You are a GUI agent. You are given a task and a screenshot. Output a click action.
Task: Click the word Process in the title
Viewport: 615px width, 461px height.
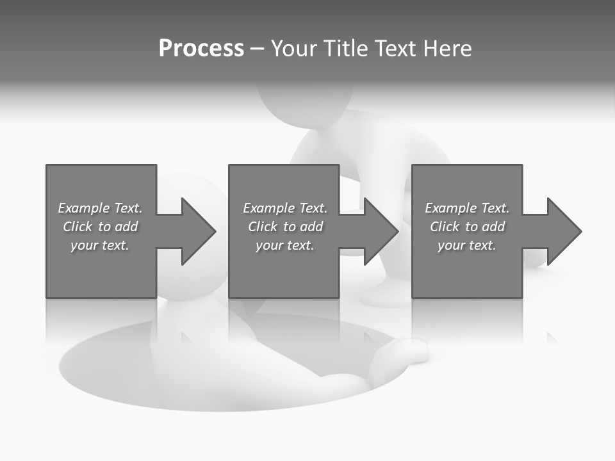point(201,49)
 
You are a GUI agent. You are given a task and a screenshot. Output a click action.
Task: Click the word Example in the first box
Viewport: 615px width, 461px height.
point(83,208)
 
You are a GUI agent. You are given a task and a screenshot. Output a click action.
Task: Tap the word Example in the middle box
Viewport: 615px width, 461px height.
point(268,208)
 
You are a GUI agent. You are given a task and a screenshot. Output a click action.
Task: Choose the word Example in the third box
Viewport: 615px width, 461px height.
point(450,208)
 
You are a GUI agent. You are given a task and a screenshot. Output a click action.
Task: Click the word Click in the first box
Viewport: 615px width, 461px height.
point(78,227)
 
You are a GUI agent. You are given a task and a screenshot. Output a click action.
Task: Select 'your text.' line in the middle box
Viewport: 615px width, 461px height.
point(284,245)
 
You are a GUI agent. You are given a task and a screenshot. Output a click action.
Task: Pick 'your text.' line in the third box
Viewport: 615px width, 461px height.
point(467,245)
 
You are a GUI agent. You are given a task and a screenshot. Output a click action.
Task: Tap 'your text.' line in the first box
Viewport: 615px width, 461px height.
point(100,245)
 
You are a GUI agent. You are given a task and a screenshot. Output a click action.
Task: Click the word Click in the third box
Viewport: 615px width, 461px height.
point(445,227)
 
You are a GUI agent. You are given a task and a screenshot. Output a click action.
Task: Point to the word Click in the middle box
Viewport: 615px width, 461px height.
point(263,227)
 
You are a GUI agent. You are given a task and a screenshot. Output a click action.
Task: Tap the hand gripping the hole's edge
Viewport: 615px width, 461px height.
point(406,352)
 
